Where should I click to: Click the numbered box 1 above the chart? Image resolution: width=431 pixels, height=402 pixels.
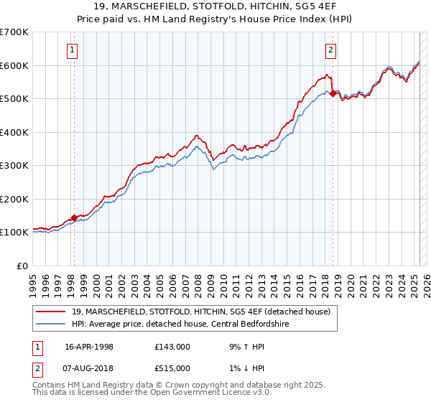tap(74, 50)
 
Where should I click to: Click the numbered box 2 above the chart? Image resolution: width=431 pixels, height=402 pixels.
tap(330, 50)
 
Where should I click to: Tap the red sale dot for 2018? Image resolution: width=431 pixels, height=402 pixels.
tap(333, 93)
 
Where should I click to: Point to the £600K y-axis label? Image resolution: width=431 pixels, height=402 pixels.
tap(14, 65)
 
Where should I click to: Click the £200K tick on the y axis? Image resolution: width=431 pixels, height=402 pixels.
tap(14, 199)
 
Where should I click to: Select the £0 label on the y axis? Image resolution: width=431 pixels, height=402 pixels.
tap(23, 266)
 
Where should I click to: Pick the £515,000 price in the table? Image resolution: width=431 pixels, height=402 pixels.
tap(172, 368)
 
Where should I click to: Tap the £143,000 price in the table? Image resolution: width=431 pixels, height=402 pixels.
tap(172, 347)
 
